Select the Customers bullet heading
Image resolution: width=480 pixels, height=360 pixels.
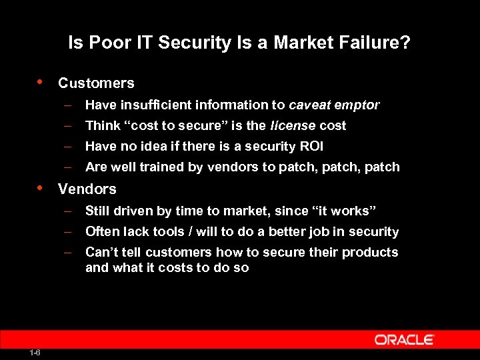96,83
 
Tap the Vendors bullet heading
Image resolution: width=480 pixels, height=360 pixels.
87,189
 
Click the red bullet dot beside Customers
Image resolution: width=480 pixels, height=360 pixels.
41,82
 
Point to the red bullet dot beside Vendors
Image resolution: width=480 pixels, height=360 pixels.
41,187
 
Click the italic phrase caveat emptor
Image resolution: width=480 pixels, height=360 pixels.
334,105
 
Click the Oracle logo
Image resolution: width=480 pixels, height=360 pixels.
404,339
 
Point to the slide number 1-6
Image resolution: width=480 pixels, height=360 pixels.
35,352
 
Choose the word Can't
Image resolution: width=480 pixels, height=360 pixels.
102,252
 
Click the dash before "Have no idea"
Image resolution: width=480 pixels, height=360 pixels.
68,146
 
